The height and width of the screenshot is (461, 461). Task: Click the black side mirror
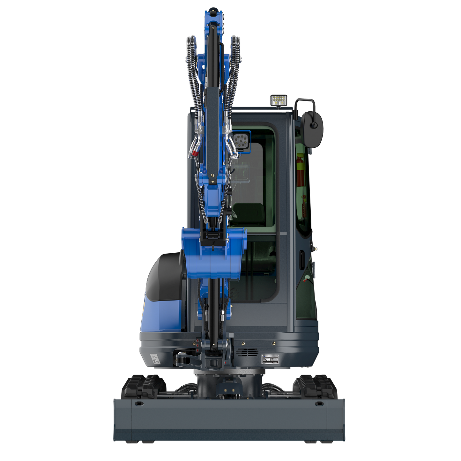pyautogui.click(x=313, y=129)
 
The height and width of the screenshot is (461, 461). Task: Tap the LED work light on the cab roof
pyautogui.click(x=279, y=100)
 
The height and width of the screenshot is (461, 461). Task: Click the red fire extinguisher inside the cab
pyautogui.click(x=300, y=171)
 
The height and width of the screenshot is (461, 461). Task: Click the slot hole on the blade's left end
pyautogui.click(x=139, y=404)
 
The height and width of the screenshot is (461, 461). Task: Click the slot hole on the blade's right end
pyautogui.click(x=319, y=404)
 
